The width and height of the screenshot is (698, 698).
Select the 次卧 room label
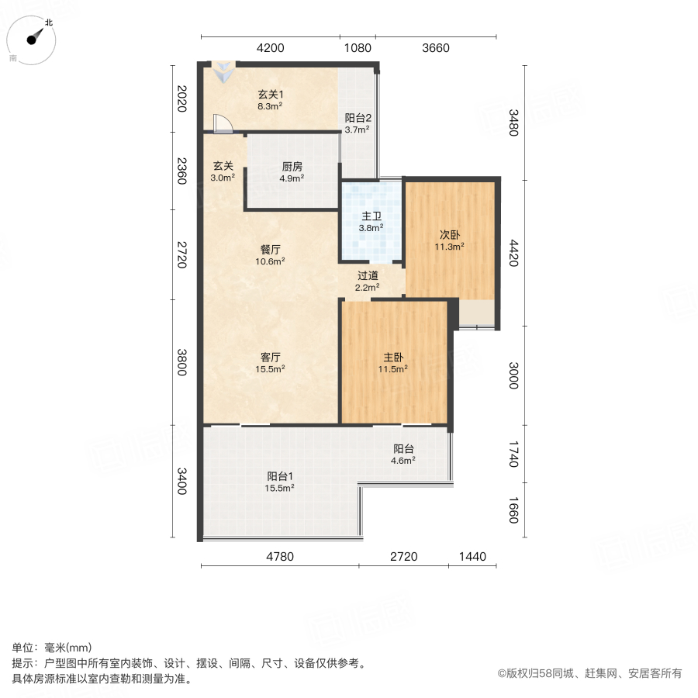click(450, 235)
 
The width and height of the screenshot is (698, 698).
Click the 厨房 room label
click(291, 165)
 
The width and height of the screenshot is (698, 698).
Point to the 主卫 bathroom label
click(371, 216)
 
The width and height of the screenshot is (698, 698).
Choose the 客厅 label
click(270, 357)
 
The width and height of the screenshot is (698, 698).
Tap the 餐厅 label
click(270, 250)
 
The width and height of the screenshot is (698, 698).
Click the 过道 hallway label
click(368, 275)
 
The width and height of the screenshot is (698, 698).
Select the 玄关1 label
click(270, 94)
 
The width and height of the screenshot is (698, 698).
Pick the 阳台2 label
click(358, 118)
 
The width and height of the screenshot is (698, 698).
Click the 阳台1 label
click(280, 475)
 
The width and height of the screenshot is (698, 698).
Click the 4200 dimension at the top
click(270, 48)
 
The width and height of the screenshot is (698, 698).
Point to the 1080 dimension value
click(358, 48)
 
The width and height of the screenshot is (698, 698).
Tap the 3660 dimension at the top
click(436, 48)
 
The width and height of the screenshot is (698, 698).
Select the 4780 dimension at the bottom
click(280, 556)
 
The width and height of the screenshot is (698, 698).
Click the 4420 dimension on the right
click(513, 253)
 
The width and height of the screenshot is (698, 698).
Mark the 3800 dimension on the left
click(181, 362)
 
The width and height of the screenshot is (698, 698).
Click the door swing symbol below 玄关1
click(221, 123)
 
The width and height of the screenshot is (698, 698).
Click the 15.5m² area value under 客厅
click(270, 369)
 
